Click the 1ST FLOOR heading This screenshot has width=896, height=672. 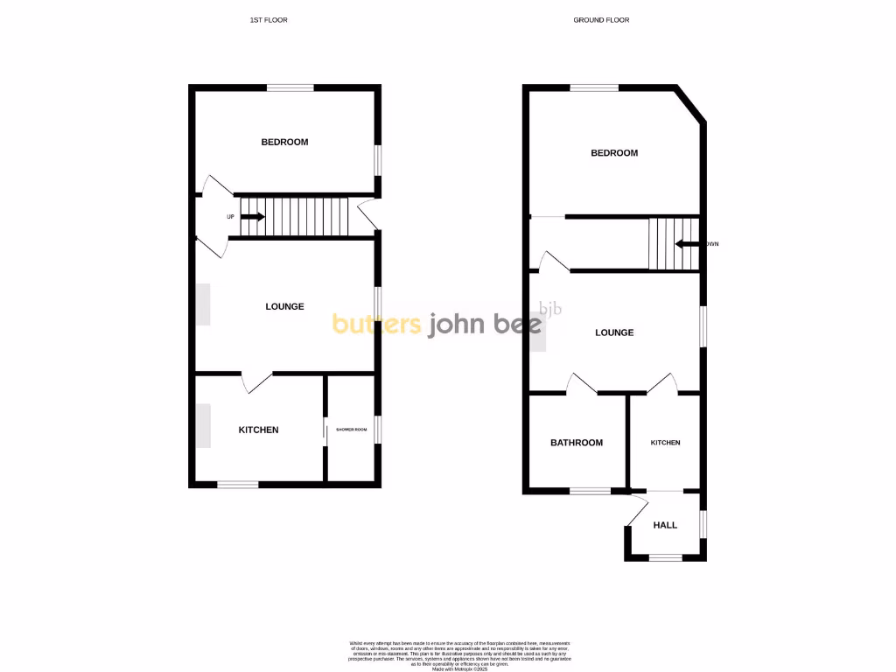pyautogui.click(x=269, y=19)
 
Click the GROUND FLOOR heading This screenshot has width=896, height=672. pyautogui.click(x=601, y=19)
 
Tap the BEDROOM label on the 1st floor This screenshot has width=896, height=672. pyautogui.click(x=284, y=142)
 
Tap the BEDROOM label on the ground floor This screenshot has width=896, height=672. pyautogui.click(x=614, y=153)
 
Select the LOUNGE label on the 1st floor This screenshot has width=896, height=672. pyautogui.click(x=284, y=306)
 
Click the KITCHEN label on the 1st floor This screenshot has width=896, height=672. pyautogui.click(x=259, y=430)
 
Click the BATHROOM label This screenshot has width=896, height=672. pyautogui.click(x=577, y=443)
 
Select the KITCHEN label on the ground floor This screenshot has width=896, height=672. pyautogui.click(x=665, y=443)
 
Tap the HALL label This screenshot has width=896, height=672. pyautogui.click(x=665, y=525)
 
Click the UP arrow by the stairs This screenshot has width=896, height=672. pyautogui.click(x=254, y=216)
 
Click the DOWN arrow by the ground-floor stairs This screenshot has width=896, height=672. pyautogui.click(x=686, y=244)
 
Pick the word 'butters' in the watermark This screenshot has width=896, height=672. pyautogui.click(x=376, y=325)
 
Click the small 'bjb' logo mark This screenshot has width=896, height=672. pyautogui.click(x=550, y=308)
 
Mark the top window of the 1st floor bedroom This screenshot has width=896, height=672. pyautogui.click(x=290, y=87)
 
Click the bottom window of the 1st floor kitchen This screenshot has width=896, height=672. pyautogui.click(x=237, y=484)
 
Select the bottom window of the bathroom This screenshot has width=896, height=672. pyautogui.click(x=590, y=491)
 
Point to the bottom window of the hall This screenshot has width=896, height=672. pyautogui.click(x=664, y=556)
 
